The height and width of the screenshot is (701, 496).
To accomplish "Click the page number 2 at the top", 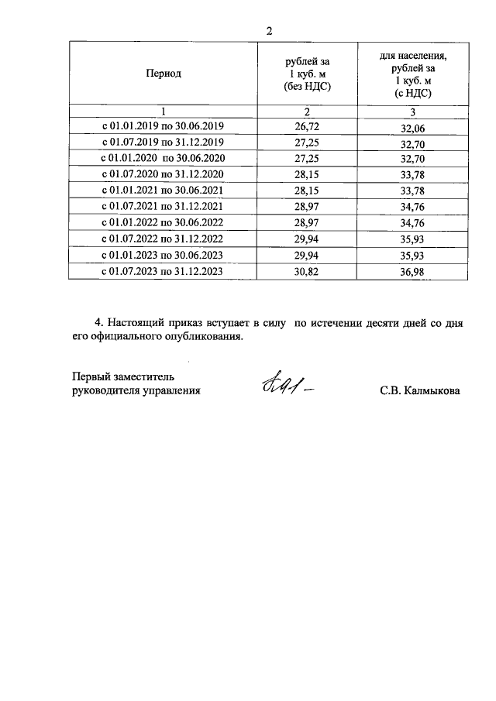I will pos(269,31).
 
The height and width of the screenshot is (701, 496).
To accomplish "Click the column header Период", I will pos(163,74).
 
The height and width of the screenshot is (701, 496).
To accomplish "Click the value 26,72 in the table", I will pos(308,125).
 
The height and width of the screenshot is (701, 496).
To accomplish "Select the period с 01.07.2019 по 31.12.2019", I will pos(163,143).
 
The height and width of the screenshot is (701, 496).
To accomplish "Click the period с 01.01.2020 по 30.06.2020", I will pos(163,159).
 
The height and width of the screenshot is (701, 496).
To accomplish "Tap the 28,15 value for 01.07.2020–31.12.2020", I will pos(308,174).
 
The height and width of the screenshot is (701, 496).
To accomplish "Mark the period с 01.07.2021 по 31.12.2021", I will pos(163,207).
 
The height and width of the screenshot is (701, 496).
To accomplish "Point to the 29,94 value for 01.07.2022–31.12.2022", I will pos(308,239).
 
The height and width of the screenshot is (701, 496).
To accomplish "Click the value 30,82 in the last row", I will pos(308,272).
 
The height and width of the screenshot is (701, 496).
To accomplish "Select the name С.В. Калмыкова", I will pos(420,391).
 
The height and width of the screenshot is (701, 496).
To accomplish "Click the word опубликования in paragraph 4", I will pos(203,337).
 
